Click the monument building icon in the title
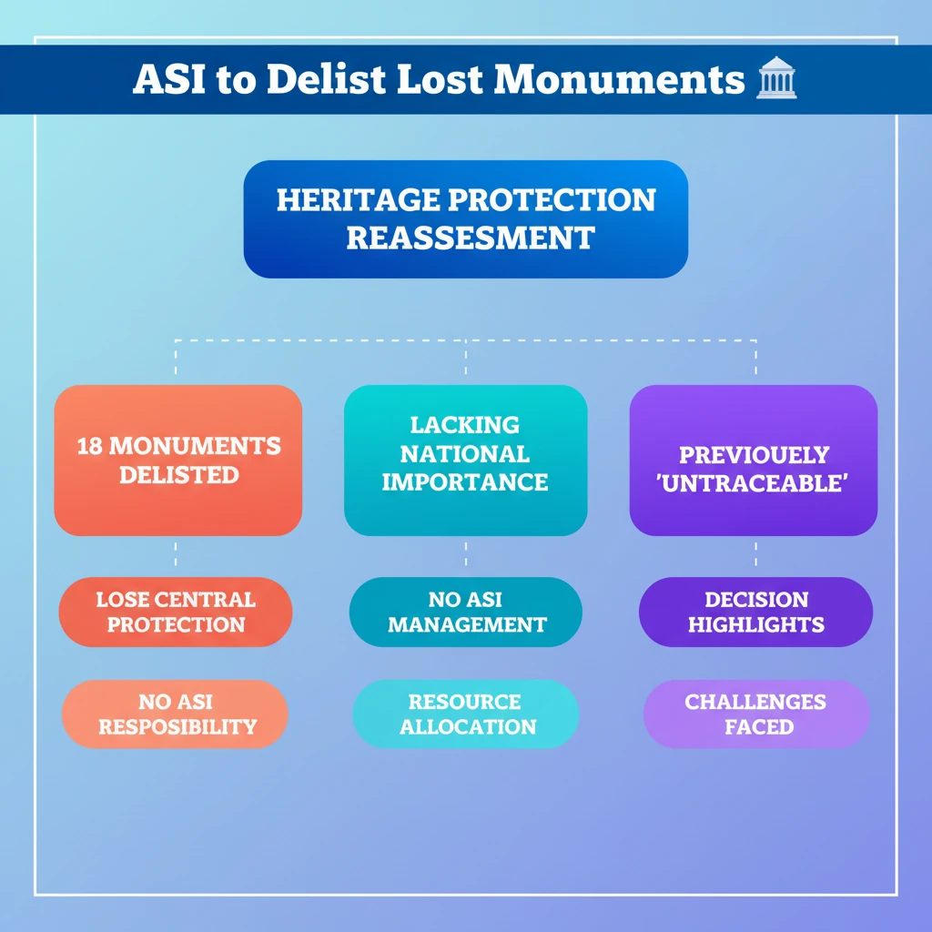776,81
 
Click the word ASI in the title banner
166,80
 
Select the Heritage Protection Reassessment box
465,218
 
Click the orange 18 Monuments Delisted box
178,460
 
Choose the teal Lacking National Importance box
465,460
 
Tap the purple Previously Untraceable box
754,460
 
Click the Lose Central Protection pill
176,612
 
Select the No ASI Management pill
465,612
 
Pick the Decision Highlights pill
755,612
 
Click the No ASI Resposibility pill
176,714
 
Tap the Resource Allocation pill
465,714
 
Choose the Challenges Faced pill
755,714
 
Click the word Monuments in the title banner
620,80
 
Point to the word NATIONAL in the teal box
465,453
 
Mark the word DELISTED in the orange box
178,475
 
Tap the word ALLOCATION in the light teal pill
468,727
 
